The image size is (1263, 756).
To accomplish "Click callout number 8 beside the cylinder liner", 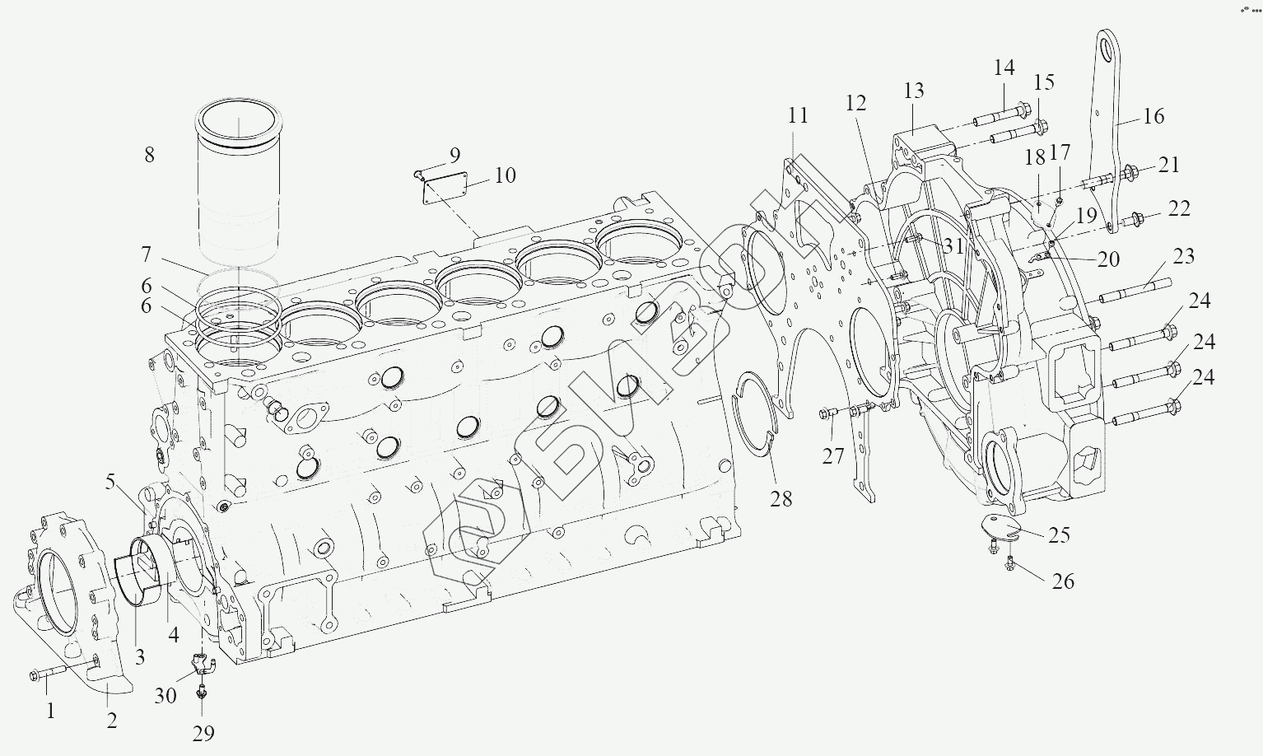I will pos(149,155).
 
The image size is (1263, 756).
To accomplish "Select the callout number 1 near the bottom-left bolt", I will pos(50,711).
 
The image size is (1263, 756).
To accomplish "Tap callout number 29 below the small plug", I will pos(203,733).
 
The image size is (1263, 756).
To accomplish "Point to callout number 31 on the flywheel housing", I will pos(953,245).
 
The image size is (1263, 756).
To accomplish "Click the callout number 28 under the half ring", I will pos(781,498).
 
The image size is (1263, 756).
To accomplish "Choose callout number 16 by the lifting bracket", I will pos(1154,116).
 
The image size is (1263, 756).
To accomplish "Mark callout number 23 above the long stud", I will pos(1183,256).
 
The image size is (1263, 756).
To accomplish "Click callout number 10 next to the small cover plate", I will pos(505,175).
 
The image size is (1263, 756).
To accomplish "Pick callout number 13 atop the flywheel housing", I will pos(914,91).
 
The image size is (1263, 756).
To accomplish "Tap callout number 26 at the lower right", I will pos(1064,581).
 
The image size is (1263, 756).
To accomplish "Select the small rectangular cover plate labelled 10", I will pos(445,189).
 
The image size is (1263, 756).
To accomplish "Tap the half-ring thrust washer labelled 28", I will pos(756,416).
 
